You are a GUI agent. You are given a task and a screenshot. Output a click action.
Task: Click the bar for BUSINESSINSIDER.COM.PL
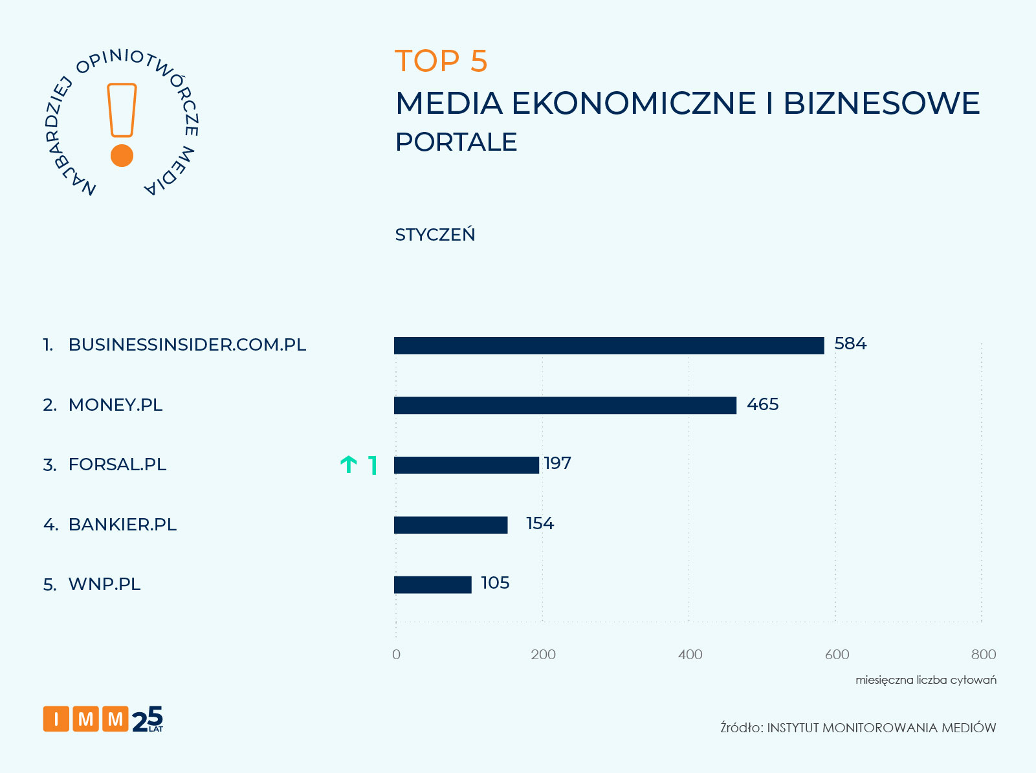[x=608, y=345]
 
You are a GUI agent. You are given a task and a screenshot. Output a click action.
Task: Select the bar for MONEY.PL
[x=564, y=406]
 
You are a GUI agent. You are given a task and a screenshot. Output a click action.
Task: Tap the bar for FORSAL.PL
[x=466, y=465]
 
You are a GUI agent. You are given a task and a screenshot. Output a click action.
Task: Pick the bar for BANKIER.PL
[x=450, y=525]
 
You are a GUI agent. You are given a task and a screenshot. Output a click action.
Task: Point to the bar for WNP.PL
[x=432, y=585]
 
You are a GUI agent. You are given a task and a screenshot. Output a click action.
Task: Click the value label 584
[x=850, y=344]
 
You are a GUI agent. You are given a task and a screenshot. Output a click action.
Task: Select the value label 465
[x=762, y=405]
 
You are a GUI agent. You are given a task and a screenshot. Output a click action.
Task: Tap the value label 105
[x=495, y=583]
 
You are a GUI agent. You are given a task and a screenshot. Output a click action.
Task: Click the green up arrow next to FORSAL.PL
[x=349, y=464]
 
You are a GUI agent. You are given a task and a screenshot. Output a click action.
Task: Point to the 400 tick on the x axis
[x=690, y=655]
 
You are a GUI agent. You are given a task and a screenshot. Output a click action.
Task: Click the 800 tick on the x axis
[x=983, y=655]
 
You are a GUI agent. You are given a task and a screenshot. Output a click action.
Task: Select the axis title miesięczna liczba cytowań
[x=925, y=680]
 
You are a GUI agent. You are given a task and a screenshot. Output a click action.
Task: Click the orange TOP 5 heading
[x=441, y=61]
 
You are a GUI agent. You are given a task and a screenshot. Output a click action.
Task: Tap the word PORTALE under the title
[x=456, y=142]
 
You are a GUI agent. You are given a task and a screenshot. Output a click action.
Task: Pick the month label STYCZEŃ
[x=435, y=235]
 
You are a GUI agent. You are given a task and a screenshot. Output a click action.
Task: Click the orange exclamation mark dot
[x=122, y=156]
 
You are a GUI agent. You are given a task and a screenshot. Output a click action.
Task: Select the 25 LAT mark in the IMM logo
[x=148, y=719]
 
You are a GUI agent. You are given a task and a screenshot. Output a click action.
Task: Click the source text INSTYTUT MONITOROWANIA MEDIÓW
[x=881, y=728]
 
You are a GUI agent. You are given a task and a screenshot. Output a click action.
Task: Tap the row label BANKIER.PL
[x=122, y=525]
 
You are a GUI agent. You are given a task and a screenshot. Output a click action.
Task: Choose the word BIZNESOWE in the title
[x=881, y=103]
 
